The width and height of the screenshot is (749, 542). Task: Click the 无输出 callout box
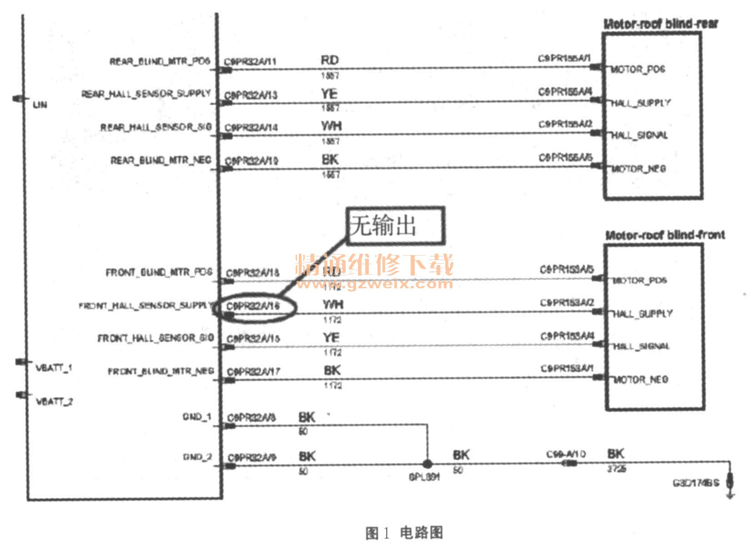(395, 225)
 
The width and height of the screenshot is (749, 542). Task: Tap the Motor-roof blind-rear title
(660, 24)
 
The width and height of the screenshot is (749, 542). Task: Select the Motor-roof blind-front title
(665, 235)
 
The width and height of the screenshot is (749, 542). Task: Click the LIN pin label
(40, 105)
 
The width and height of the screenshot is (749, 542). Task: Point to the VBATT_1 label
(54, 368)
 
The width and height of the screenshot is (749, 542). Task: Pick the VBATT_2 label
(54, 401)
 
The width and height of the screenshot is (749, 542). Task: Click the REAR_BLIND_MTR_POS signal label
(160, 61)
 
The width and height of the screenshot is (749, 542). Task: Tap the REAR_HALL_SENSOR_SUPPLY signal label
(146, 94)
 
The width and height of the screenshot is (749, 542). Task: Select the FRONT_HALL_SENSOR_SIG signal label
(156, 338)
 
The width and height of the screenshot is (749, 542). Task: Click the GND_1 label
(197, 417)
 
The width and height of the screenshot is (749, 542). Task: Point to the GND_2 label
(197, 457)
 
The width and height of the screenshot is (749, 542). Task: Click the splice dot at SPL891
(427, 464)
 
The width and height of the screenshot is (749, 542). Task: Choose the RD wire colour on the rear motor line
(330, 60)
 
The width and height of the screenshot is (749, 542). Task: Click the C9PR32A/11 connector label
(251, 62)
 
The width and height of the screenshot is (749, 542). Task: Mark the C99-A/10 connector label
(566, 454)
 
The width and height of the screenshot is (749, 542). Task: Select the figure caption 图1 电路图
(404, 532)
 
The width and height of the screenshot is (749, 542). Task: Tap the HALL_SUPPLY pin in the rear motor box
(640, 103)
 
